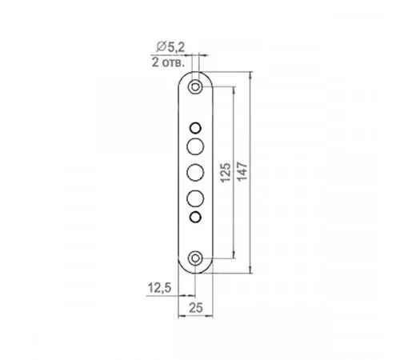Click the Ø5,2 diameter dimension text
pos(170,47)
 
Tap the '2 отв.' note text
pos(168,63)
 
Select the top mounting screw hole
pos(195,87)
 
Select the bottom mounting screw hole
pos(195,258)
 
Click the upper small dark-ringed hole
pos(195,128)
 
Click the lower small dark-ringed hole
pos(195,217)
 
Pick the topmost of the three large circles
pos(195,146)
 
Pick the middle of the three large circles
pos(195,173)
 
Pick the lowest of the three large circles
pos(195,198)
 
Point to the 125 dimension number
pos(226,173)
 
